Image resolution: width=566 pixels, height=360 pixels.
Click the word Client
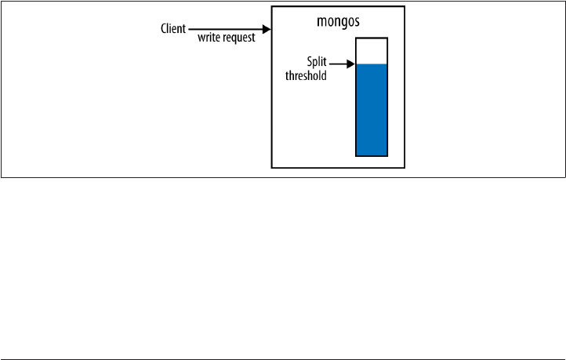[x=172, y=29]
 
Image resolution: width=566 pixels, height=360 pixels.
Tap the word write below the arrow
[x=207, y=38]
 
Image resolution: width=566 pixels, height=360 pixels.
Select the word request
[x=238, y=38]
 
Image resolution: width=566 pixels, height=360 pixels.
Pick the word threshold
[x=307, y=76]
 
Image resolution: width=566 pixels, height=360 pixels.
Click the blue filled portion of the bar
[x=372, y=110]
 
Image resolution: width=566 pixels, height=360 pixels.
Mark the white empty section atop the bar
[x=372, y=51]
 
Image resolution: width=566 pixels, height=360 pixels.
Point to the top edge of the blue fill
[x=372, y=65]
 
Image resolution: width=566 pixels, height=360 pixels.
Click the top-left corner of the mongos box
[x=272, y=7]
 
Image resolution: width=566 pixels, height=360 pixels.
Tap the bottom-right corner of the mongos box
[x=405, y=167]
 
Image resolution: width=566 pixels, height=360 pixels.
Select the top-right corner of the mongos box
[x=405, y=7]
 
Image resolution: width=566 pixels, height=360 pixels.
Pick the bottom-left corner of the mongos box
[x=272, y=167]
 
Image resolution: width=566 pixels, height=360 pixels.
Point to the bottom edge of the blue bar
[x=372, y=155]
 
